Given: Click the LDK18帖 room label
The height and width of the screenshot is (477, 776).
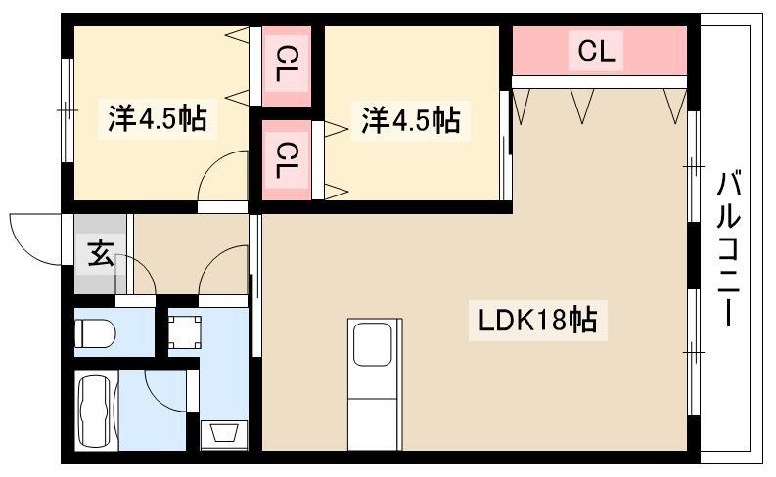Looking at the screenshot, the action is click(537, 320).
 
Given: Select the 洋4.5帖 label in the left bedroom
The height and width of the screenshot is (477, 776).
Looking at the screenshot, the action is click(158, 118).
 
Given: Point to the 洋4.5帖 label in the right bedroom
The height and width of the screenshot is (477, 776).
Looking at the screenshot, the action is click(410, 119).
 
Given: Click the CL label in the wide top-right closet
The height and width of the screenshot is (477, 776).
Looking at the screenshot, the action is click(596, 51).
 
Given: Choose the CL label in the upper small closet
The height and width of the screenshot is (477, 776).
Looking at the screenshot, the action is click(287, 64).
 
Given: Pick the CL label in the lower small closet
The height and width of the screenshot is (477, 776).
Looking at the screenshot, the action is click(287, 160).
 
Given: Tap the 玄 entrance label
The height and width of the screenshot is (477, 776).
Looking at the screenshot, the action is click(101, 252).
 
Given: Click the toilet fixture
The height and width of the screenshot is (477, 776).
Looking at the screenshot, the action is click(95, 332).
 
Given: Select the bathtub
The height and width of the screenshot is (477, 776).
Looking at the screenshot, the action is click(97, 412).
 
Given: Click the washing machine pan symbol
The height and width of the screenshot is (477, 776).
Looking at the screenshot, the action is click(185, 331).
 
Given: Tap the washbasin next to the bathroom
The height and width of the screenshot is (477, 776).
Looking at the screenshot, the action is click(224, 435).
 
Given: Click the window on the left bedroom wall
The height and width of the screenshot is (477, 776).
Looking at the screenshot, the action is click(68, 109).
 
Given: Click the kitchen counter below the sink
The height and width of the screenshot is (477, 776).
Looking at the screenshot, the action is click(373, 423).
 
